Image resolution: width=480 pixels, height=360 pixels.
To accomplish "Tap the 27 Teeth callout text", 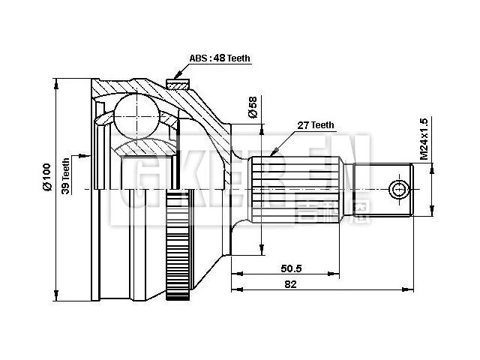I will tap(316, 125).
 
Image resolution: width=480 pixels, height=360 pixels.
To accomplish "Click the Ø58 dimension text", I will tap(253, 108).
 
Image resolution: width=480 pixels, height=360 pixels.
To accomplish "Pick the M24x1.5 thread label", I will tap(424, 139).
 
